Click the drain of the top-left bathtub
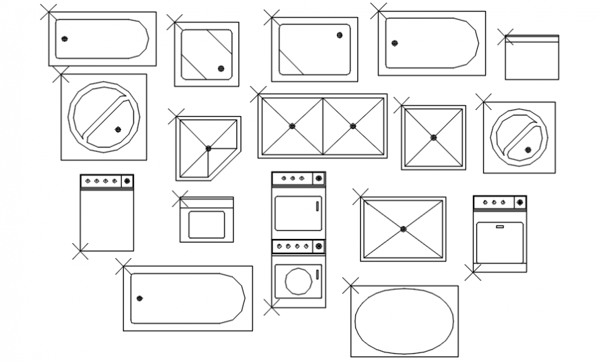point(64,39)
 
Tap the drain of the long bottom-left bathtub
point(140,298)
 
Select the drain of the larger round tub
point(118,129)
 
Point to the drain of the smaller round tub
point(528,149)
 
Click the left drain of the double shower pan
point(292,126)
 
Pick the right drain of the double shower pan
point(353,126)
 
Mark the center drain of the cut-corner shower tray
point(208,148)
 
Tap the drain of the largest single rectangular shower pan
point(403,229)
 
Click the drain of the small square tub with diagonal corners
point(221,68)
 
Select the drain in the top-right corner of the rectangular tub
point(340,35)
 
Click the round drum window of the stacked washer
point(298,282)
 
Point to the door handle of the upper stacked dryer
point(317,205)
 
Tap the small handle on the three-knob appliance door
point(500,225)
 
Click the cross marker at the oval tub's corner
point(351,285)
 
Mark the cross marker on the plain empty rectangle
point(505,37)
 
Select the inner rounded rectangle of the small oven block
point(206,225)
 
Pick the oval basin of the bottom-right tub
point(404,321)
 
